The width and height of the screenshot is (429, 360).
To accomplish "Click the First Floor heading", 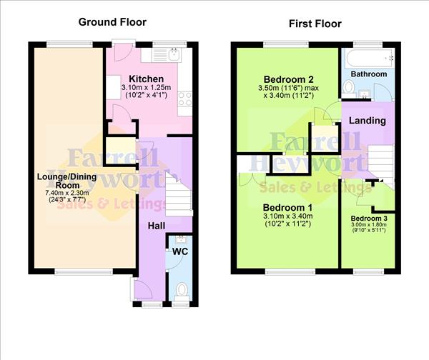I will [x=315, y=24].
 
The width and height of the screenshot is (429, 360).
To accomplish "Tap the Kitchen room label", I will [x=147, y=79].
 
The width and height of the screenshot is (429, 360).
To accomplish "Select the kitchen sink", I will [x=174, y=54].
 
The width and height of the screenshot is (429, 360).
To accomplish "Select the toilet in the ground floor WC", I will [x=182, y=290].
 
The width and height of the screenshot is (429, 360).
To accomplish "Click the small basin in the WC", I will [x=182, y=238].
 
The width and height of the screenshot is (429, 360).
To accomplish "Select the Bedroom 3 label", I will [x=368, y=218].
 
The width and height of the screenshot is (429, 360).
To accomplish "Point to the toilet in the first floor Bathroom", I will [x=348, y=87].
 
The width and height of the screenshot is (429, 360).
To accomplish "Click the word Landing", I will [x=368, y=121].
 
